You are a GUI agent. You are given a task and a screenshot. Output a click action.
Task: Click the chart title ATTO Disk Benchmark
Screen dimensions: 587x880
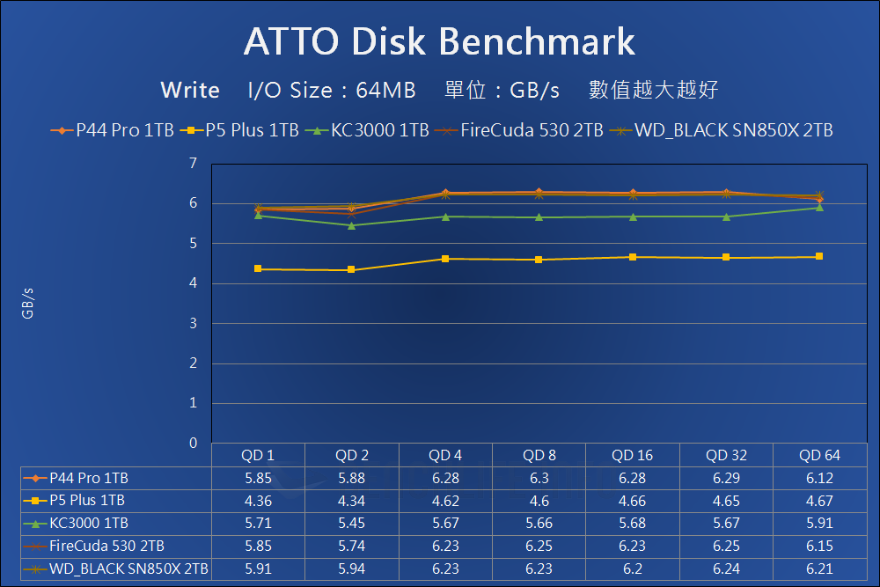point(439,41)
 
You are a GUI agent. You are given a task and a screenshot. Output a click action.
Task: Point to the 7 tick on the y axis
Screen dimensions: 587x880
point(193,164)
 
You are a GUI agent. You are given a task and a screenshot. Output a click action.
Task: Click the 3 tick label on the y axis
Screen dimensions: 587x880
point(193,324)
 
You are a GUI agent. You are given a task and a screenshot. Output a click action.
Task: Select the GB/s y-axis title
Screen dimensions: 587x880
point(28,304)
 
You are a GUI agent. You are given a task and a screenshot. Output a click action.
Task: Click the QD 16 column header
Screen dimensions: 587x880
point(633,455)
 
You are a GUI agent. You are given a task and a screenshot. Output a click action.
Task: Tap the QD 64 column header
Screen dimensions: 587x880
point(820,455)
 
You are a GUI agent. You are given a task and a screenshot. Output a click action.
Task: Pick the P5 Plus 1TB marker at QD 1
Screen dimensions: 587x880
point(258,268)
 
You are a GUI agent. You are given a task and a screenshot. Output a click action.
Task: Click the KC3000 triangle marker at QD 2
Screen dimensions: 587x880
point(352,225)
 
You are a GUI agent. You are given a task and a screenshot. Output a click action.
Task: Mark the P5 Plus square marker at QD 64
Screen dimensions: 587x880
point(819,256)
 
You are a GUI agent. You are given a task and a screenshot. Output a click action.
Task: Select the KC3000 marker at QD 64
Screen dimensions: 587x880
point(819,207)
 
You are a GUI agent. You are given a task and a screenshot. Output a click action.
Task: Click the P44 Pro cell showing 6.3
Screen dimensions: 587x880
point(539,478)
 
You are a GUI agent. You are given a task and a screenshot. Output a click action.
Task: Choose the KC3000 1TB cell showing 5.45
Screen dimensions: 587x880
point(351,524)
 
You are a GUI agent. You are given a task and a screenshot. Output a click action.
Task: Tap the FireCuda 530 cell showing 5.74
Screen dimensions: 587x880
point(351,546)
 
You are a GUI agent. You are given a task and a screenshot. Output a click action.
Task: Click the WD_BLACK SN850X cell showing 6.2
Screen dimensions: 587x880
point(633,569)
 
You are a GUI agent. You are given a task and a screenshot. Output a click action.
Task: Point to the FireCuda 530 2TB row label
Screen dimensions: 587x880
point(106,546)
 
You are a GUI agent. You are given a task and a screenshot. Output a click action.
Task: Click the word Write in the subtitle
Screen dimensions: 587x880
point(190,90)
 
